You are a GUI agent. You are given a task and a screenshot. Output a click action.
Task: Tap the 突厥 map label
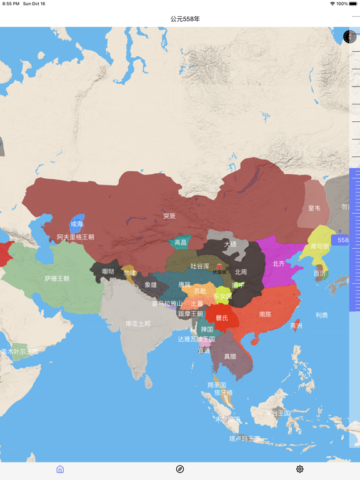[169, 216]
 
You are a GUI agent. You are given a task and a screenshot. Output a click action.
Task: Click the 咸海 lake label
[76, 224]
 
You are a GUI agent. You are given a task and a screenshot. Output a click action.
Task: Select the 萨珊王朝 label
[57, 279]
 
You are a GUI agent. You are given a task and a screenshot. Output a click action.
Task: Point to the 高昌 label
[180, 242]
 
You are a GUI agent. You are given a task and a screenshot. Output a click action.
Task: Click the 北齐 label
[279, 264]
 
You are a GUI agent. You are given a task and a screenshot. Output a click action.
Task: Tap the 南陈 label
[265, 314]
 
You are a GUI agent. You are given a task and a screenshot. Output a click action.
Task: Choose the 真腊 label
[230, 356]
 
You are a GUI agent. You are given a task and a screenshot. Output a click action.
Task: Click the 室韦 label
[314, 208]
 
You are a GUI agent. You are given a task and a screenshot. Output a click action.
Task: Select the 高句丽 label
[320, 246]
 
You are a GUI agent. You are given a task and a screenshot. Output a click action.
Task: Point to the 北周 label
[241, 272]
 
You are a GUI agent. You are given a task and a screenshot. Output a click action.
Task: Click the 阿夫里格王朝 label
[76, 237]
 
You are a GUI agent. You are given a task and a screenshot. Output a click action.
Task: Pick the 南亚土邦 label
[137, 324]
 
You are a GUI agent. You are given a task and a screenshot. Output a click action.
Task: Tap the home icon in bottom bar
[60, 469]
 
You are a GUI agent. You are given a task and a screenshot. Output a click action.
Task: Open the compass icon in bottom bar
[180, 469]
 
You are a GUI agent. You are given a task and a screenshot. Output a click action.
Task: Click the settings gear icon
[300, 469]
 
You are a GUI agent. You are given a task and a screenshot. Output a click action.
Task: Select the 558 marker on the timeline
[343, 240]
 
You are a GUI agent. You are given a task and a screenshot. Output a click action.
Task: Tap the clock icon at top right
[349, 37]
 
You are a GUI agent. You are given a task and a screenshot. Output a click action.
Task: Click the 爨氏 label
[222, 318]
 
